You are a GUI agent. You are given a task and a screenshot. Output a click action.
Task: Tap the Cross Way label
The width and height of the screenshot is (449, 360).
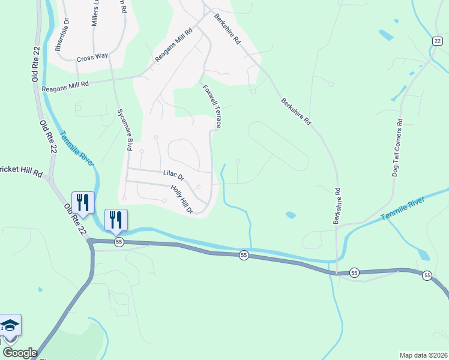click(x=92, y=56)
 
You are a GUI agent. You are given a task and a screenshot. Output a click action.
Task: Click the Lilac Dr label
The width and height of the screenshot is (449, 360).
click(x=173, y=174)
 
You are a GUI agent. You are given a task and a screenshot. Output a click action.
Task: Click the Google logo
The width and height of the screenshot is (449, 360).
click(x=20, y=353)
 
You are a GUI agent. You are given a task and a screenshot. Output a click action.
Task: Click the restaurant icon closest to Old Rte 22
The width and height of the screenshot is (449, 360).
click(x=82, y=202)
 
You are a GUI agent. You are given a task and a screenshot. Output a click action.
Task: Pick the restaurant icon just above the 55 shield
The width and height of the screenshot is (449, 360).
click(x=116, y=219)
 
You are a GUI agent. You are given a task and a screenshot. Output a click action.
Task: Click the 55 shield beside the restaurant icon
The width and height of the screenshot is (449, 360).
click(x=119, y=241)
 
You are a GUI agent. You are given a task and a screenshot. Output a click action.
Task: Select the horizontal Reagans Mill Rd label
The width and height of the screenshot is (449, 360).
click(x=65, y=86)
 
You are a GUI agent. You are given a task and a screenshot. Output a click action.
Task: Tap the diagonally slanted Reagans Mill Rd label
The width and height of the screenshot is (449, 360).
click(x=173, y=45)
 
